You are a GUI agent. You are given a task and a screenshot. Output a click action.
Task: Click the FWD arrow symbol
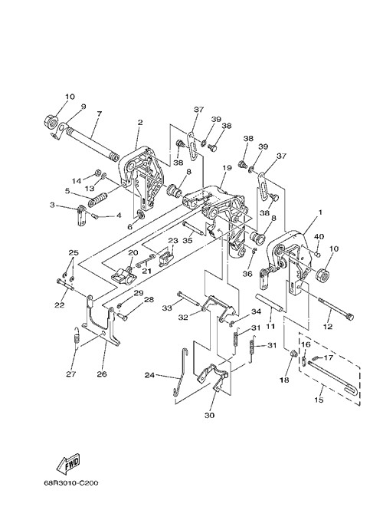click(69, 463)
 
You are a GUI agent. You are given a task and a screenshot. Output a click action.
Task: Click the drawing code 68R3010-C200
click(71, 483)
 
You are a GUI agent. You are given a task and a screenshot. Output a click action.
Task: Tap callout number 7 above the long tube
click(99, 114)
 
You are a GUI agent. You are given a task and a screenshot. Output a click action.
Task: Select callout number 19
click(227, 168)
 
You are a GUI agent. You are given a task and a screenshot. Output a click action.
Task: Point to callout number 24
click(150, 375)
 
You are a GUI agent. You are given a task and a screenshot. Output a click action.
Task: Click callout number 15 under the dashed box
click(319, 400)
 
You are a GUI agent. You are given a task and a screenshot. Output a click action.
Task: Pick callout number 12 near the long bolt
click(328, 327)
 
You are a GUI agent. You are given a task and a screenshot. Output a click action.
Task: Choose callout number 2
click(140, 123)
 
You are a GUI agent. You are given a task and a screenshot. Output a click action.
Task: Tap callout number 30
click(209, 416)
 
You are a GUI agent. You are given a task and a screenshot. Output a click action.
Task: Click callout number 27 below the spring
click(71, 374)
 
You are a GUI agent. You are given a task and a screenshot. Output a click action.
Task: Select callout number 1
click(320, 212)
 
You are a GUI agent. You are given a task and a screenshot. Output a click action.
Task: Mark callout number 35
click(188, 240)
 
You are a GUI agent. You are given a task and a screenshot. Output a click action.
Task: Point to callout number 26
click(102, 374)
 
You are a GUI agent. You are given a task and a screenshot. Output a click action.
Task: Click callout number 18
click(284, 380)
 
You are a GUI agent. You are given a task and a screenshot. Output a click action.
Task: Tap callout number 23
click(173, 240)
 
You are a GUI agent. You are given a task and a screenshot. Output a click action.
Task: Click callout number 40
click(319, 236)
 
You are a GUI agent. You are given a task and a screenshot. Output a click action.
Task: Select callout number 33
click(167, 308)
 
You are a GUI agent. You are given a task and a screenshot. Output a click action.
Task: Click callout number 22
click(60, 305)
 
